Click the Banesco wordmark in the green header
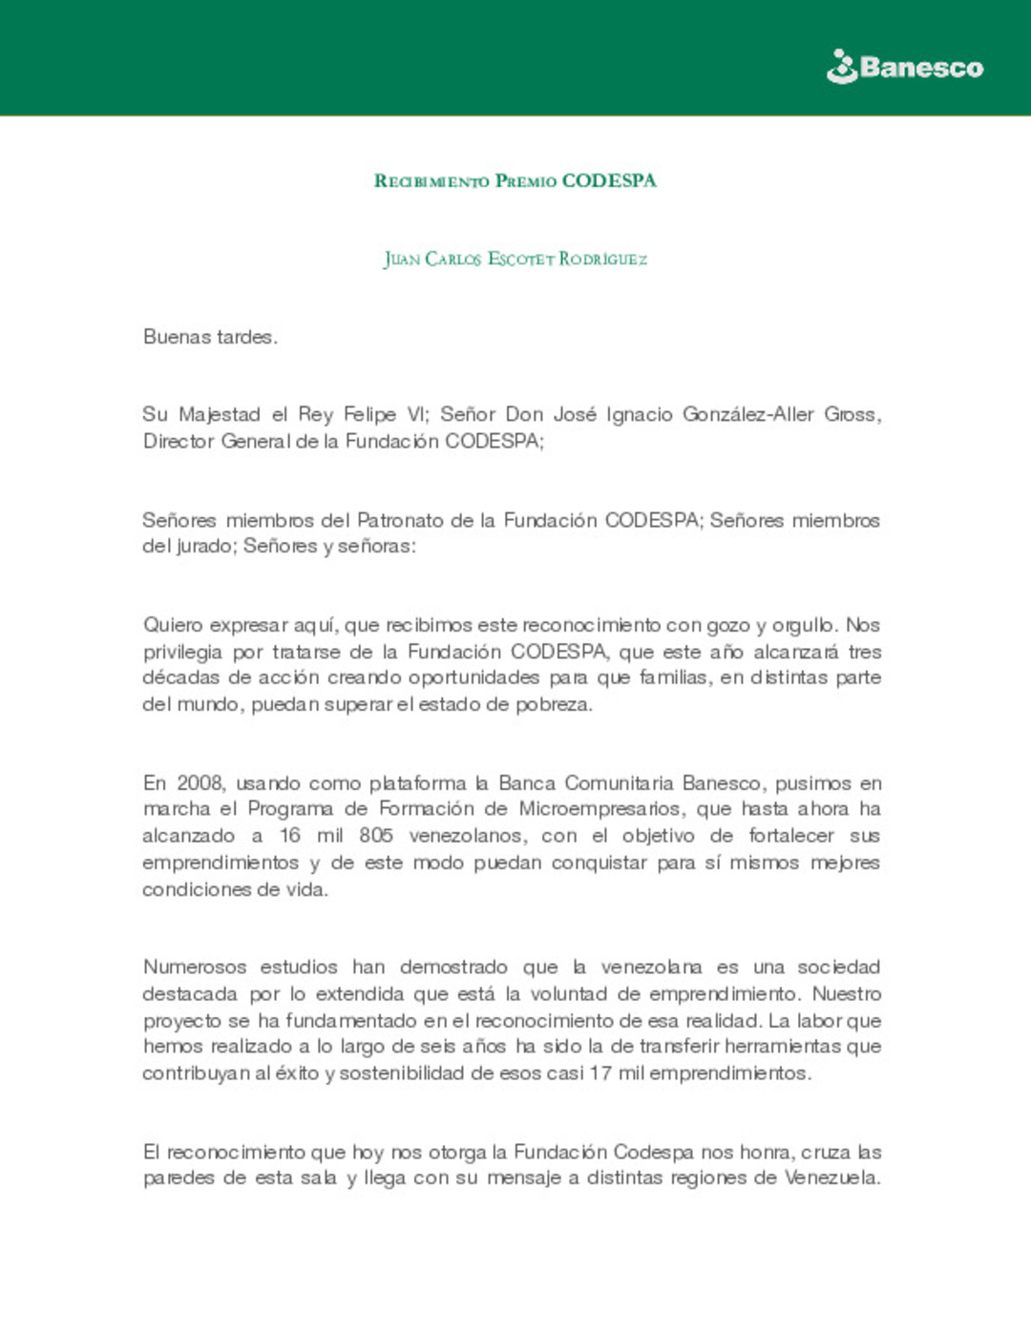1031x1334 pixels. pyautogui.click(x=921, y=68)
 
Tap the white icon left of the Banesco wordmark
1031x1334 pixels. pyautogui.click(x=841, y=67)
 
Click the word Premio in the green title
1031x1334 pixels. pyautogui.click(x=525, y=181)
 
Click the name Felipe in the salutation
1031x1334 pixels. pyautogui.click(x=369, y=414)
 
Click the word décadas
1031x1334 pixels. pyautogui.click(x=179, y=677)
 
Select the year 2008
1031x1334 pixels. pyautogui.click(x=200, y=783)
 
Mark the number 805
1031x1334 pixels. pyautogui.click(x=376, y=836)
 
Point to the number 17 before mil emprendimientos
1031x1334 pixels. pyautogui.click(x=600, y=1073)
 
